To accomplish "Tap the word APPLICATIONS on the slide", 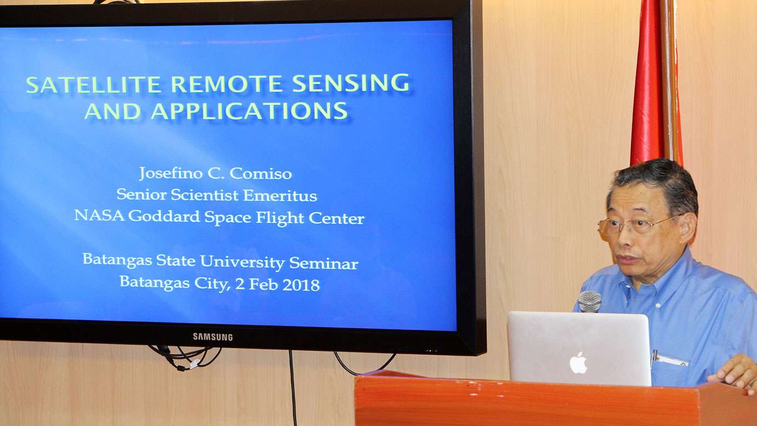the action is (x=249, y=110).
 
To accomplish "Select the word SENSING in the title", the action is (x=351, y=83).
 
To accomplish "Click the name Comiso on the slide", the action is (x=260, y=174).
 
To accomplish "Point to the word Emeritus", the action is (x=280, y=195).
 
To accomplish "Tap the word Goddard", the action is (x=164, y=216).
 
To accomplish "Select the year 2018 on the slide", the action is (x=301, y=285).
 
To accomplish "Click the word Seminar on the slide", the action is (x=324, y=263).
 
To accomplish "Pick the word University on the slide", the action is (x=242, y=262).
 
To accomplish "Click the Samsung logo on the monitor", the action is (x=213, y=337).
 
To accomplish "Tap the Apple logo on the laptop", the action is (x=578, y=362).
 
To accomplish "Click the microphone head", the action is (x=590, y=302).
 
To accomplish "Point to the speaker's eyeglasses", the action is (x=635, y=226).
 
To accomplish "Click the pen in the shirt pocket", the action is (x=654, y=358).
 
